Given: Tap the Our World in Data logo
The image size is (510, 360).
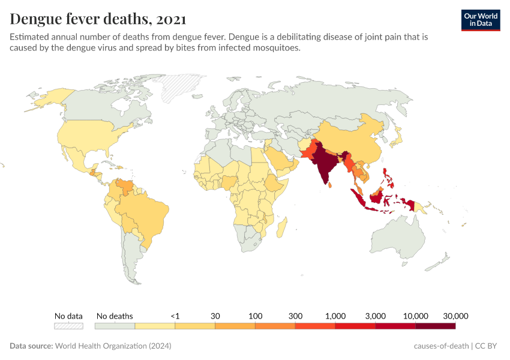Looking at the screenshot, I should (x=480, y=20).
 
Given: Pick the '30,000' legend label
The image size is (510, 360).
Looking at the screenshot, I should (x=455, y=316).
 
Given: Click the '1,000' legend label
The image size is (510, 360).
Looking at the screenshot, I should (x=335, y=316).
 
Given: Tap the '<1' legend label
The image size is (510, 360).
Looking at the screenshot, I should (x=175, y=316).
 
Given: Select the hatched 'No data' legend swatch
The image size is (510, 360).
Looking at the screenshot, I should (x=68, y=326).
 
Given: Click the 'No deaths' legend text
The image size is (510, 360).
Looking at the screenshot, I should (x=115, y=316).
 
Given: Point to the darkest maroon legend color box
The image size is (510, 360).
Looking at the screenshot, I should (x=435, y=326).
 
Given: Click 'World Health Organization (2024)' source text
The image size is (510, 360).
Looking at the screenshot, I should (x=113, y=346).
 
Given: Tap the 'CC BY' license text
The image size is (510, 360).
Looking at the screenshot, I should (x=488, y=346).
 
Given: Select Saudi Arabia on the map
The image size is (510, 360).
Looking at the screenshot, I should (x=280, y=158).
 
